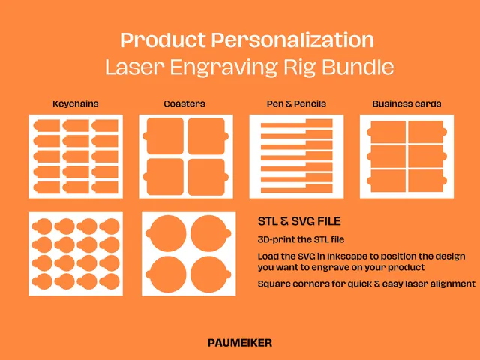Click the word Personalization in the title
click(292, 40)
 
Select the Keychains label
click(76, 103)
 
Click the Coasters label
click(184, 103)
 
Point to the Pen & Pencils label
click(296, 103)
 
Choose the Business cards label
click(406, 103)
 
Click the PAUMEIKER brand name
click(240, 343)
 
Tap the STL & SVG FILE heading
click(299, 221)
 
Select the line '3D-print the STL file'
click(301, 239)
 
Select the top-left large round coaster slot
click(166, 234)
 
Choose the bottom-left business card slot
click(386, 181)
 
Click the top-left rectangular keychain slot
click(46, 126)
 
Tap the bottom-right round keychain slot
click(109, 282)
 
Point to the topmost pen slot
click(297, 124)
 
